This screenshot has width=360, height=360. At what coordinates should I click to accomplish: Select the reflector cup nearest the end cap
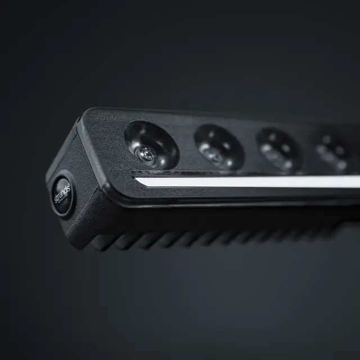pos(151,145)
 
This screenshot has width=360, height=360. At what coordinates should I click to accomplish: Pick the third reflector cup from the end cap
pos(278,151)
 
